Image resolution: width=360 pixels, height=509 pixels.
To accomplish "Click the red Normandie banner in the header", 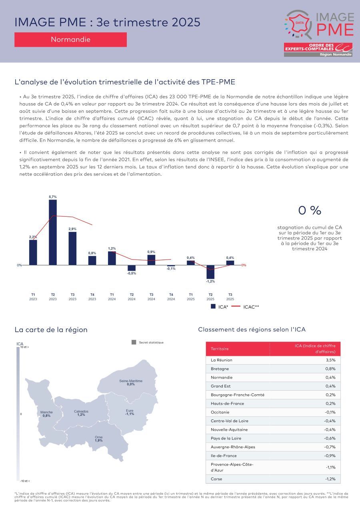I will pyautogui.click(x=70, y=40).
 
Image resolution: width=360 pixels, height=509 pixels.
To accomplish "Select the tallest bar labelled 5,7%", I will pyautogui.click(x=53, y=232).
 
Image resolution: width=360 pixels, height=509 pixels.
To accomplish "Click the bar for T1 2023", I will pyautogui.click(x=33, y=252).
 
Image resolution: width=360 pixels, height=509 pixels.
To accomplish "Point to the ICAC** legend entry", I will pyautogui.click(x=246, y=307).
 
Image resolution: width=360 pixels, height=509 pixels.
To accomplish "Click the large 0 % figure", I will pyautogui.click(x=310, y=210).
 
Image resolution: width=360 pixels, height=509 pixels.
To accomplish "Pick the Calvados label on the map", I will pyautogui.click(x=81, y=411).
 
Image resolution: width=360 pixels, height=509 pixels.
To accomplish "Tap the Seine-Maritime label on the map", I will pyautogui.click(x=131, y=381).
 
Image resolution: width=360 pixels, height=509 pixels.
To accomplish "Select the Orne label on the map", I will pyautogui.click(x=99, y=437).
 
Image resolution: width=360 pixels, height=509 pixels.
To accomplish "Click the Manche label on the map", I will pyautogui.click(x=46, y=412).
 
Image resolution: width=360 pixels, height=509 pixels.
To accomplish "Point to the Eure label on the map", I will pyautogui.click(x=130, y=411).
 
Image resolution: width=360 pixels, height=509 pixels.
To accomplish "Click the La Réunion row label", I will pyautogui.click(x=221, y=360).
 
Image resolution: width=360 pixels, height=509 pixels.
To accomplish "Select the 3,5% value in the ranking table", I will pyautogui.click(x=330, y=360).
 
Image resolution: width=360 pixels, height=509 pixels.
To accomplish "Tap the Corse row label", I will pyautogui.click(x=216, y=479).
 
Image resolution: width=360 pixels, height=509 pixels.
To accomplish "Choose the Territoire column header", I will pyautogui.click(x=220, y=349).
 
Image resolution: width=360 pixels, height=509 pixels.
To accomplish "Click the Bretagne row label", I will pyautogui.click(x=220, y=369).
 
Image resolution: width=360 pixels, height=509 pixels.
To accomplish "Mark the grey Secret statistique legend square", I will pyautogui.click(x=134, y=342).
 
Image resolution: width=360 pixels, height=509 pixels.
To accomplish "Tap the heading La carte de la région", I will pyautogui.click(x=51, y=330).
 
